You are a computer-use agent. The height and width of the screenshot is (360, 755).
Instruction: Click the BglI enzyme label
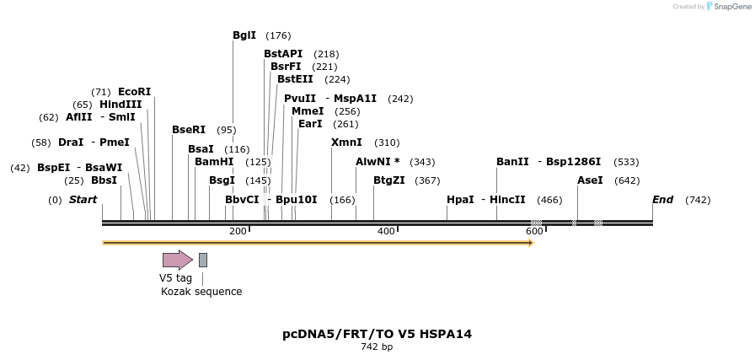coord(244,35)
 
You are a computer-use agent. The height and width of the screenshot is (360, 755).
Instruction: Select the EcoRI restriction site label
coord(135,92)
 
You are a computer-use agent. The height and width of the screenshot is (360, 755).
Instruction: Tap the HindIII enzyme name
coord(120,105)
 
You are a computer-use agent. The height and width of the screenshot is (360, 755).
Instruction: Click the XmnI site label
coord(346,142)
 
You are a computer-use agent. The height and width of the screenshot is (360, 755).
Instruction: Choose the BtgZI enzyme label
coord(389,180)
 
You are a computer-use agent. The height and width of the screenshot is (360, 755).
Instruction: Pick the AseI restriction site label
coord(591,180)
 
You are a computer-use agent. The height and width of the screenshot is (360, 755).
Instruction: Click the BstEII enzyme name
coord(295,79)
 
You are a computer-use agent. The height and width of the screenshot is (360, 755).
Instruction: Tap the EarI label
coord(310,124)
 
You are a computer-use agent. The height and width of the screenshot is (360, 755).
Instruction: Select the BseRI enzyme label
coord(189,130)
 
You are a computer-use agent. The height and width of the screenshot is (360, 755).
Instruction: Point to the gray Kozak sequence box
coord(203,260)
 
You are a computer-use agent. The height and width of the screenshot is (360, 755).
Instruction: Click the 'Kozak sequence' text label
coord(201,292)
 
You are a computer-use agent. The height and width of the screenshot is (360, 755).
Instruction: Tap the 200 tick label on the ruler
coord(238,231)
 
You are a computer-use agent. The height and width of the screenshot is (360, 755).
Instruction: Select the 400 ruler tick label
coord(386,231)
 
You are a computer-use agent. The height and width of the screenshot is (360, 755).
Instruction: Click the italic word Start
coord(83,200)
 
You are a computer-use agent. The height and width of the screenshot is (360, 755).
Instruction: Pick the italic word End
coord(662,200)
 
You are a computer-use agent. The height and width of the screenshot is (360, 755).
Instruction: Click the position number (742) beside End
coord(698,200)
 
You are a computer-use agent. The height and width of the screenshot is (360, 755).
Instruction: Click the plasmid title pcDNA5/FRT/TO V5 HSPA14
coord(377,334)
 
